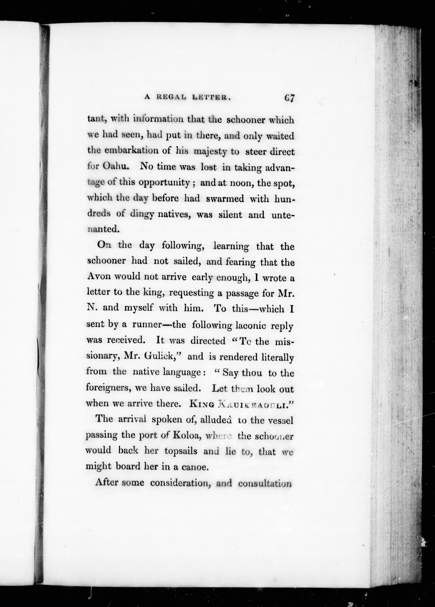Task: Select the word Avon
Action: pyautogui.click(x=99, y=277)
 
